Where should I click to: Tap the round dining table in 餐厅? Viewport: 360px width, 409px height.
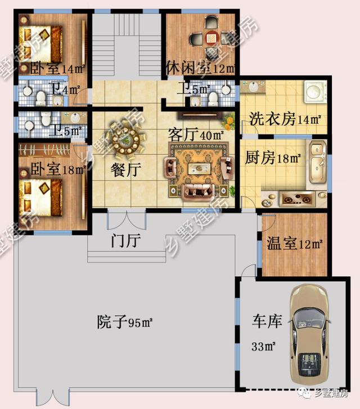coord(127,142)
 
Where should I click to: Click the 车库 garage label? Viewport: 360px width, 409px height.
coord(267,321)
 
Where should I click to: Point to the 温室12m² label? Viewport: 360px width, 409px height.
coord(295,244)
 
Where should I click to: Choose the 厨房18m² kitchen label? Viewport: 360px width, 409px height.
coord(273,158)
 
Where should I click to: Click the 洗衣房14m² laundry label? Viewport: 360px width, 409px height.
coord(285,119)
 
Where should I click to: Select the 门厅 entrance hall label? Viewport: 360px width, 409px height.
coord(126,240)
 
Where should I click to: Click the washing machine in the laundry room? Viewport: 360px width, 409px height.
coord(316,92)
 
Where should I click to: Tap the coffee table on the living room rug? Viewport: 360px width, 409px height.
coord(199,168)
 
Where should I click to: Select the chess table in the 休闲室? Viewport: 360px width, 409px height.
coord(211,38)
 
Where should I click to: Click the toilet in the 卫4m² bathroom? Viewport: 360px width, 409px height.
coord(40,98)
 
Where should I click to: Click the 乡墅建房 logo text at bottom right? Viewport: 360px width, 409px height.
coord(331,393)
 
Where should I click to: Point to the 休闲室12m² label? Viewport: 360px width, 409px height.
coord(200,68)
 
